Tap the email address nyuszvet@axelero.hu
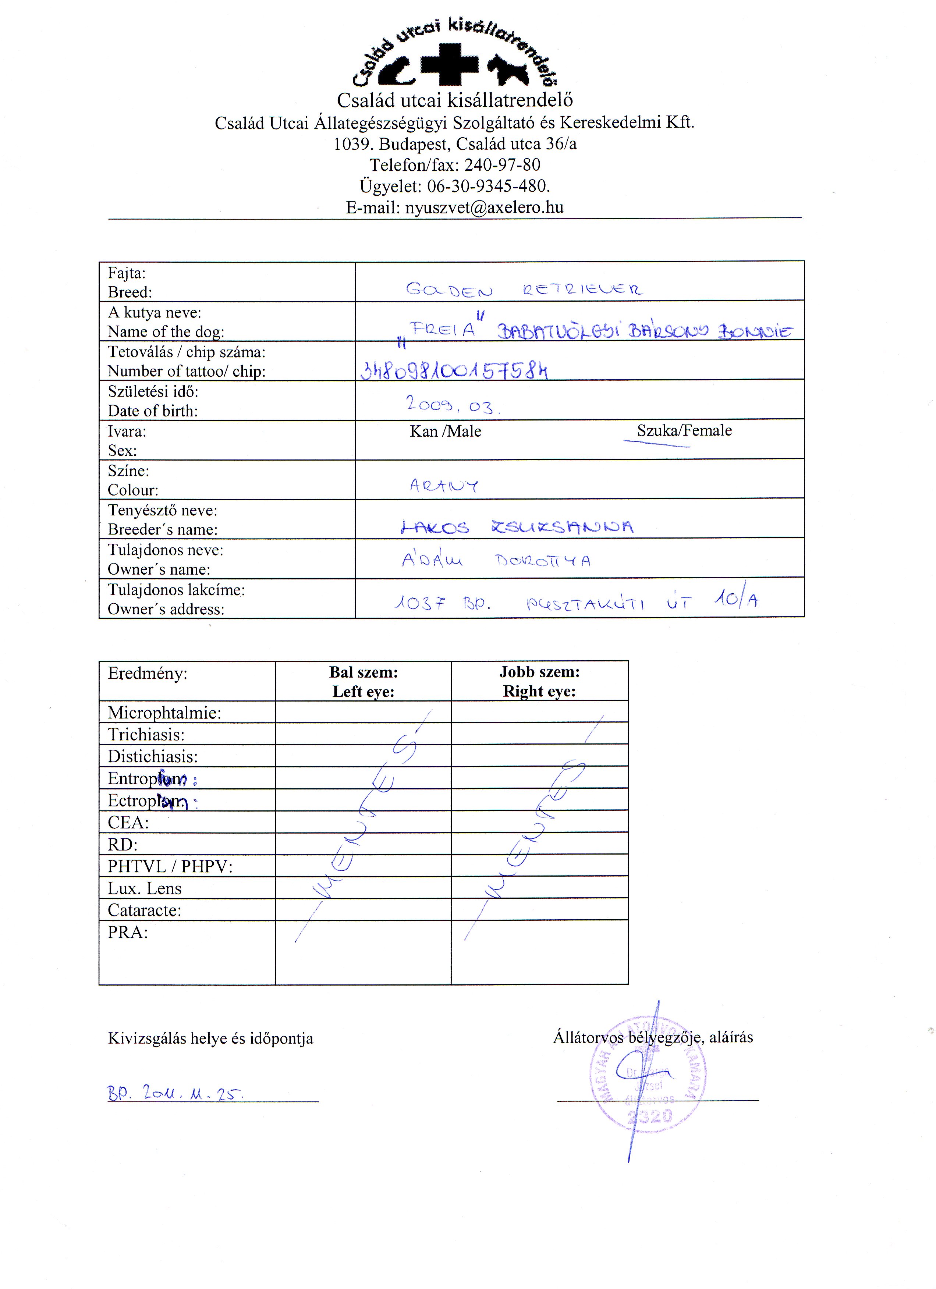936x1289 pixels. coord(483,207)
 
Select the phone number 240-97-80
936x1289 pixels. coord(502,165)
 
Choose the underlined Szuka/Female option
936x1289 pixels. coord(684,431)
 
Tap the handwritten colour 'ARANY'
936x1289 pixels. coord(444,485)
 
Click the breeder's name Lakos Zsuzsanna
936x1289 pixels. coord(517,527)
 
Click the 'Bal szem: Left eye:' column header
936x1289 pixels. coord(363,681)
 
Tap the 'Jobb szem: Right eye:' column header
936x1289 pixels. coord(539,681)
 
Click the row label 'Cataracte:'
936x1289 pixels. coord(144,910)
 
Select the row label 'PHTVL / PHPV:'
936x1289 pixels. coord(170,866)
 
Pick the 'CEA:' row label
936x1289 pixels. coord(128,823)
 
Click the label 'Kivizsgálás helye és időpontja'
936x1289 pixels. coord(210,1039)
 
